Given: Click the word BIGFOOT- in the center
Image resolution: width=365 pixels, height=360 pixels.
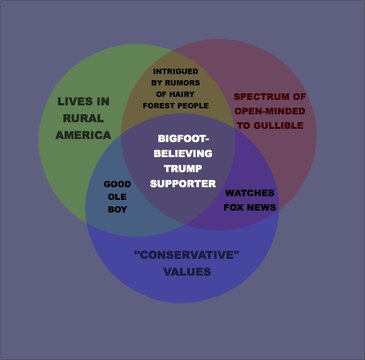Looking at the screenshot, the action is coord(182,141).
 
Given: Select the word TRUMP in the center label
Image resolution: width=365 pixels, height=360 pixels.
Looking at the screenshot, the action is coord(182,170).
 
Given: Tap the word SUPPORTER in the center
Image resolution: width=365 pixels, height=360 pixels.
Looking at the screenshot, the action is coord(182,184).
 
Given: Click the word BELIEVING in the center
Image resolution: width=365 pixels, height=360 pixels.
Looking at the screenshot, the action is coord(182,155).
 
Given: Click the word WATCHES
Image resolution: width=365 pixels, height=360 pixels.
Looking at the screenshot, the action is coord(250,192).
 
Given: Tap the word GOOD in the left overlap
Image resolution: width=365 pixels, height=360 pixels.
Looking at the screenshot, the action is coord(117,185).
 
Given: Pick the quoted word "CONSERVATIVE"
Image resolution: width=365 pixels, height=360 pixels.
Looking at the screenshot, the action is coord(186,255).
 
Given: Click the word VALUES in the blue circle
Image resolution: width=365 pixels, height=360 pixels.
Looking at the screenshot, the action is coord(186,271).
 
